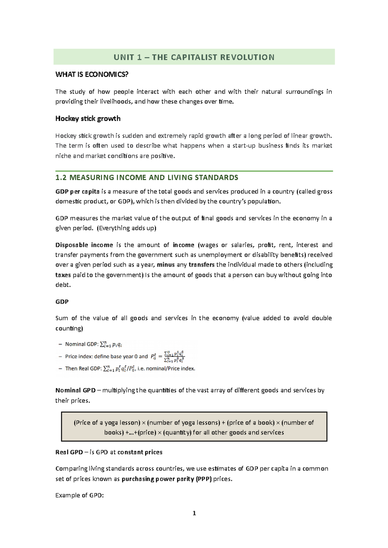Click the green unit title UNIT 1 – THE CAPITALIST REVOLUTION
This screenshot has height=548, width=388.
[x=194, y=57]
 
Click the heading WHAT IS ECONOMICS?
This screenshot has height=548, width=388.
[x=92, y=75]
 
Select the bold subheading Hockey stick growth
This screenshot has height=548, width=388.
[x=88, y=118]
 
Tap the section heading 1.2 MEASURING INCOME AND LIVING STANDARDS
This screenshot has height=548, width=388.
[x=147, y=178]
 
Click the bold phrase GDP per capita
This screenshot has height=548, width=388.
[x=77, y=191]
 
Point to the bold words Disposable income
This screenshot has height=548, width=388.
[x=84, y=245]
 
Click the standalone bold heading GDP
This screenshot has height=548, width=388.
[x=62, y=302]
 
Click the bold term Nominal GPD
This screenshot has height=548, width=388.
[x=75, y=390]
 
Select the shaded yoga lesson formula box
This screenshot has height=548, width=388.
[x=194, y=427]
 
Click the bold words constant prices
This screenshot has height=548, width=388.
[x=140, y=452]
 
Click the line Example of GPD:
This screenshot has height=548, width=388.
[x=80, y=495]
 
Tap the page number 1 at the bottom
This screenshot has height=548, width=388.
[x=194, y=513]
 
